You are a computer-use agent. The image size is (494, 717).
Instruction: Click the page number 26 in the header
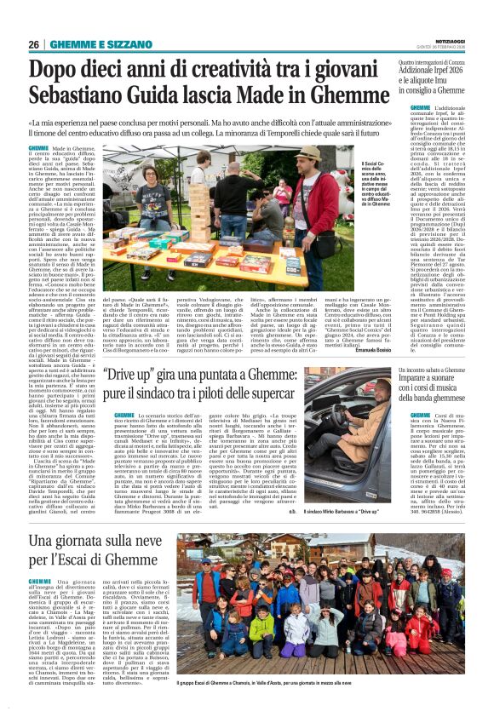click(x=34, y=44)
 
